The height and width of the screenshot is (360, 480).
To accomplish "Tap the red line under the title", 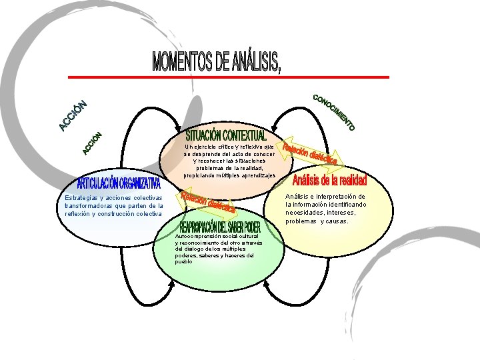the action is pos(267,77).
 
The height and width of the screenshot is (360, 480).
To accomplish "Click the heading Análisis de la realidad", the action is pos(329,181).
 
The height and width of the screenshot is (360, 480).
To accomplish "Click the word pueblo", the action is pos(183,261).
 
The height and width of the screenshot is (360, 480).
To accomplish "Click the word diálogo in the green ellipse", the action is pos(189,249).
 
